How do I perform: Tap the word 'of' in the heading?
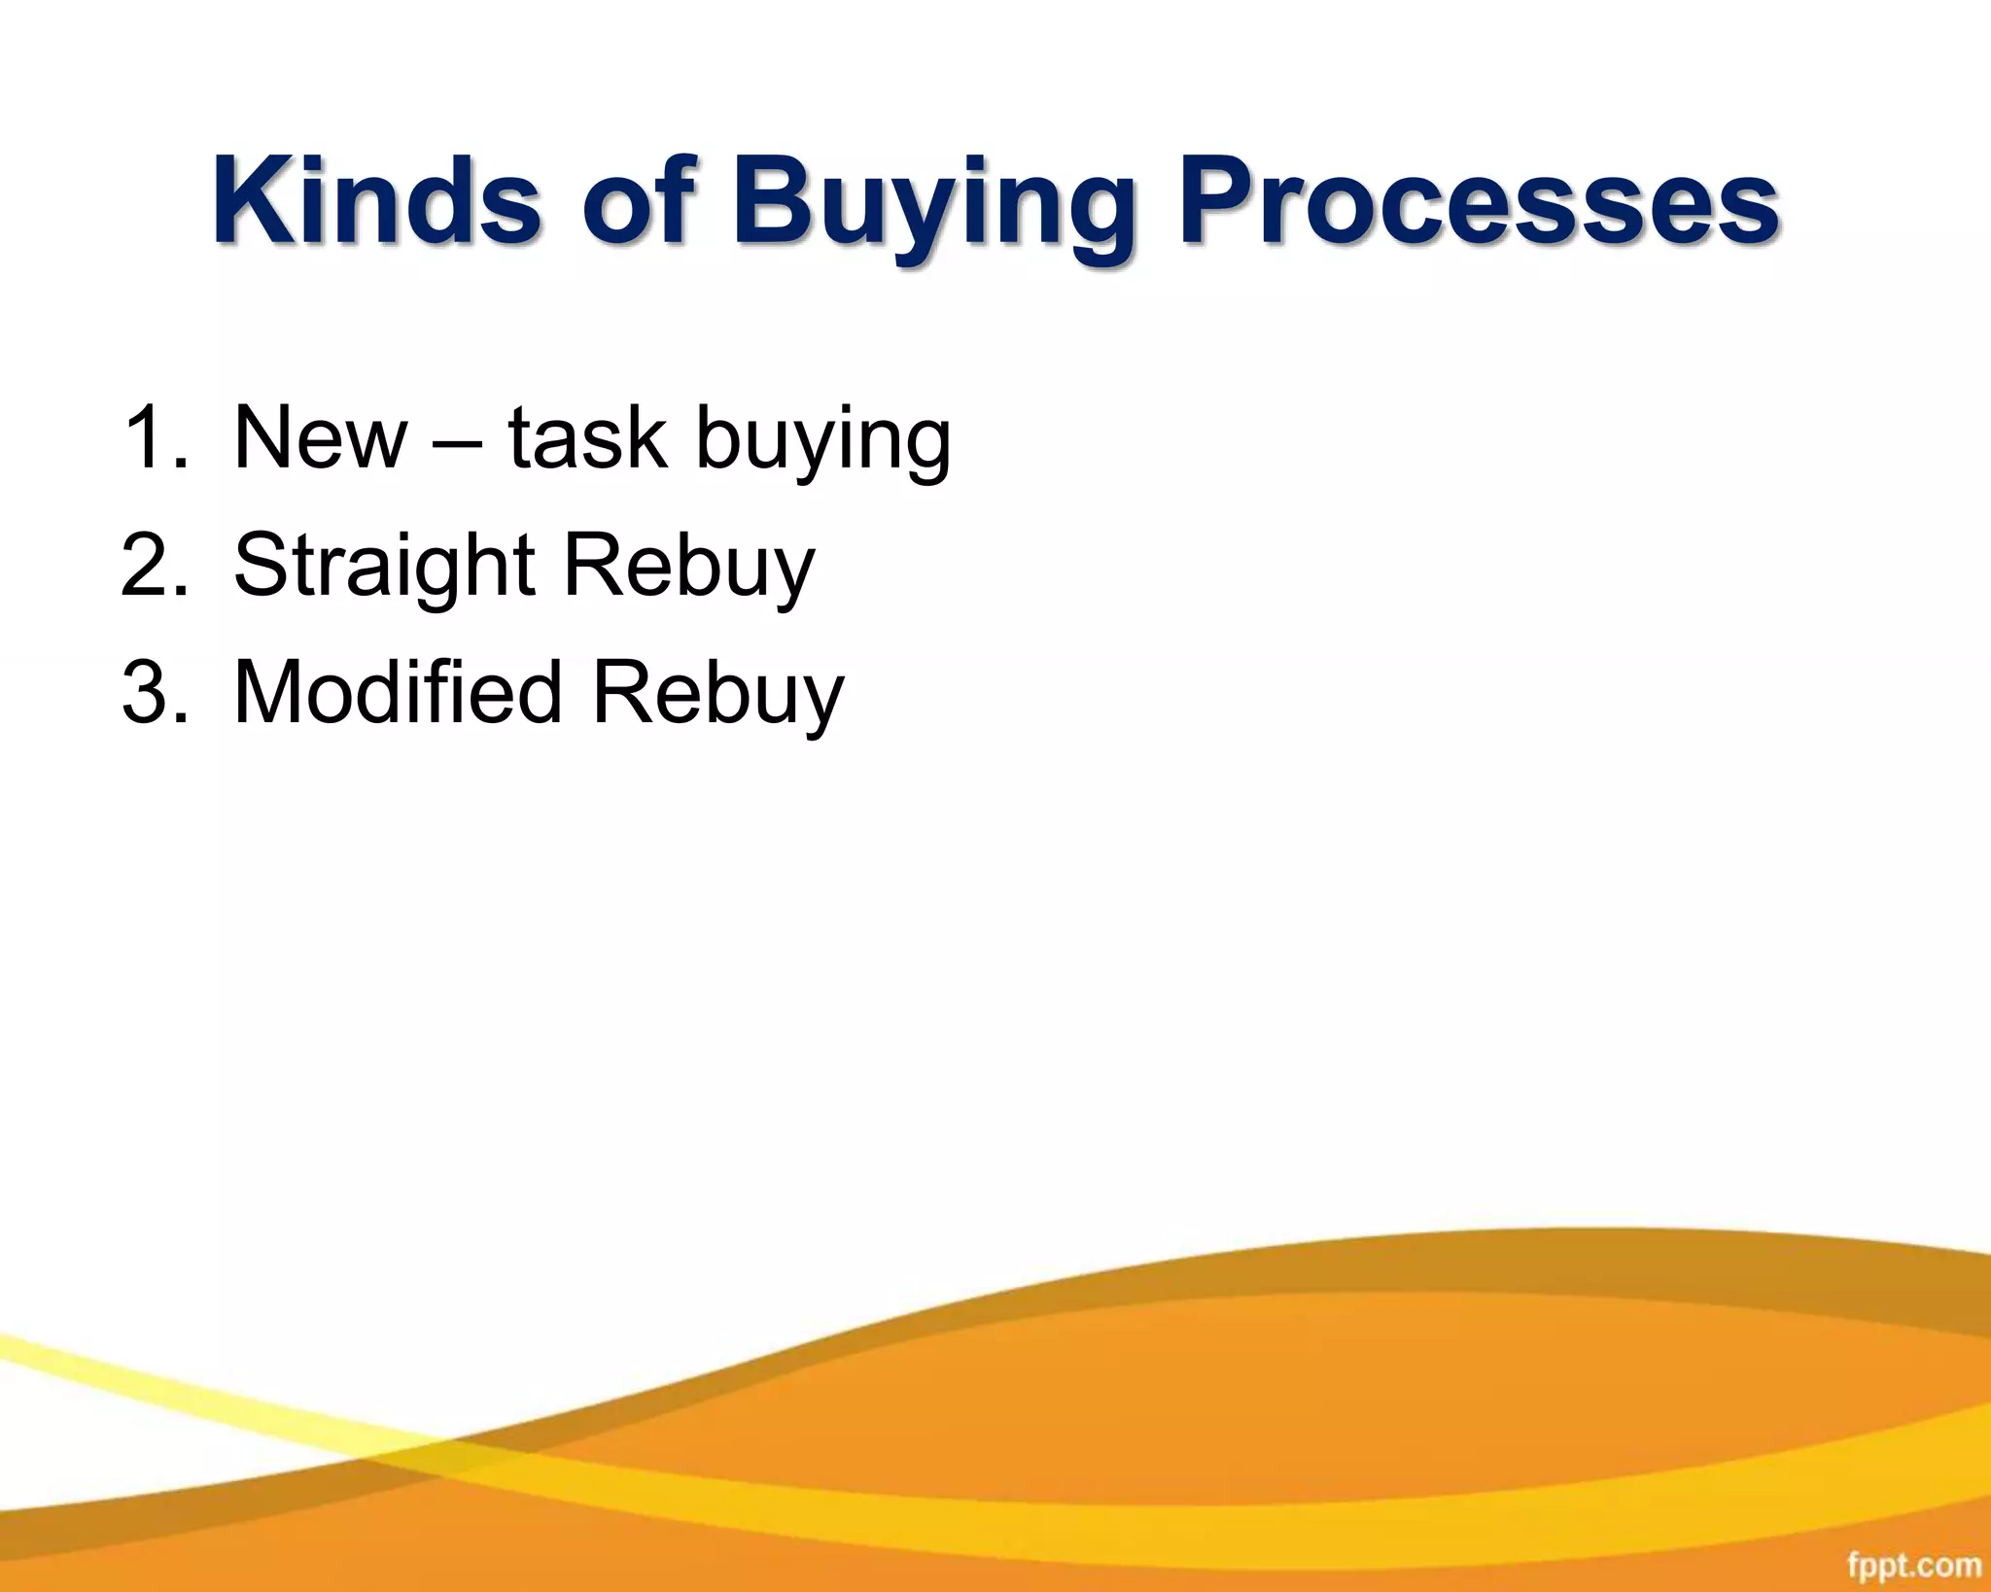tap(637, 201)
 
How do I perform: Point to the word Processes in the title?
tap(1478, 201)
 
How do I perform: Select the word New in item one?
tap(320, 438)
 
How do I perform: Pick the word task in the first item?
tap(587, 438)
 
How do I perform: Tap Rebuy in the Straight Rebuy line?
tap(689, 569)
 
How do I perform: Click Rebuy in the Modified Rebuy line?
tap(718, 696)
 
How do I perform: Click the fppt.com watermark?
tap(1913, 1566)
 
